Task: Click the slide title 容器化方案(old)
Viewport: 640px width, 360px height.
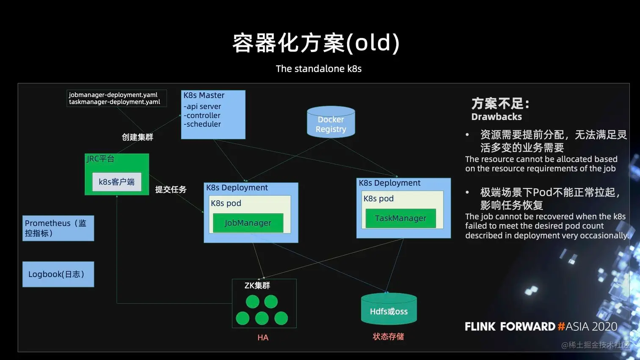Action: [x=316, y=43]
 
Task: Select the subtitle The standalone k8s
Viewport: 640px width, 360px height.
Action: [x=318, y=69]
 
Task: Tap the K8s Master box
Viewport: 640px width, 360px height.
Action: [x=213, y=114]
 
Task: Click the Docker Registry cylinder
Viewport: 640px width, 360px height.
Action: [x=331, y=122]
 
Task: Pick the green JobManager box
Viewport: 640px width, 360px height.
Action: [x=248, y=223]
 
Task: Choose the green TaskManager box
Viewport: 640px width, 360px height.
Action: [x=400, y=218]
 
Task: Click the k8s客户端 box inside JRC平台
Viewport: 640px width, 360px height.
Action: [x=116, y=182]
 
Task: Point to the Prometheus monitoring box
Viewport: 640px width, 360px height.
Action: [x=58, y=228]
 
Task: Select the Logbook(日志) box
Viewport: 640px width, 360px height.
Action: [x=58, y=274]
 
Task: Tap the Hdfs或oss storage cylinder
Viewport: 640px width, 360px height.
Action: [x=389, y=310]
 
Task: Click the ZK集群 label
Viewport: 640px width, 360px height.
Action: [x=257, y=286]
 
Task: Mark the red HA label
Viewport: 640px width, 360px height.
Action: [x=263, y=338]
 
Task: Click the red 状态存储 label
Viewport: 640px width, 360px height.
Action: [x=388, y=337]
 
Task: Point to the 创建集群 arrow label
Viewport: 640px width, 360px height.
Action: [x=137, y=137]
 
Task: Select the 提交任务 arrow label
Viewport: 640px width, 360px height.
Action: [x=171, y=190]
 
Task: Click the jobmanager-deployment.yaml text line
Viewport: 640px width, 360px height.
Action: [x=113, y=95]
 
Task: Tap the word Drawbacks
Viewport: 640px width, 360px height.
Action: [x=497, y=117]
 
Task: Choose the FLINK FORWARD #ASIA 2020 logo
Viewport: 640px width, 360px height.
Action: [x=541, y=327]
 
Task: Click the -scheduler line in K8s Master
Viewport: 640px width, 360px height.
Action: [x=202, y=124]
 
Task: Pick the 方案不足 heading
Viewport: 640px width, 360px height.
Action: [x=500, y=104]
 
